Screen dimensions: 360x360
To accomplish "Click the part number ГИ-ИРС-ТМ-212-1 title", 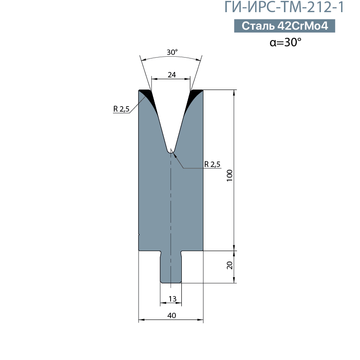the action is (x=284, y=7).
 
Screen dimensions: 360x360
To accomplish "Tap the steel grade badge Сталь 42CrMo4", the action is (x=284, y=26).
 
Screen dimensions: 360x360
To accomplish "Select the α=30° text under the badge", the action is (x=285, y=42).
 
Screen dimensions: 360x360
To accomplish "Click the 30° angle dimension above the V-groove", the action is (x=172, y=52).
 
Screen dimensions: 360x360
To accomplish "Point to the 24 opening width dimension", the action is (x=172, y=75).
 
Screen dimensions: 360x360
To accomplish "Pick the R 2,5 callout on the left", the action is (x=121, y=109).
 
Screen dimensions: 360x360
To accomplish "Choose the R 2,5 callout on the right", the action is (x=212, y=164).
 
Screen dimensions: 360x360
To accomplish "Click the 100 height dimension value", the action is (x=229, y=175).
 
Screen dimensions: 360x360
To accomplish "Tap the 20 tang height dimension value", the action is (x=229, y=265).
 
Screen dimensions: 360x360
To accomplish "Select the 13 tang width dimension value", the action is (x=172, y=299).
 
